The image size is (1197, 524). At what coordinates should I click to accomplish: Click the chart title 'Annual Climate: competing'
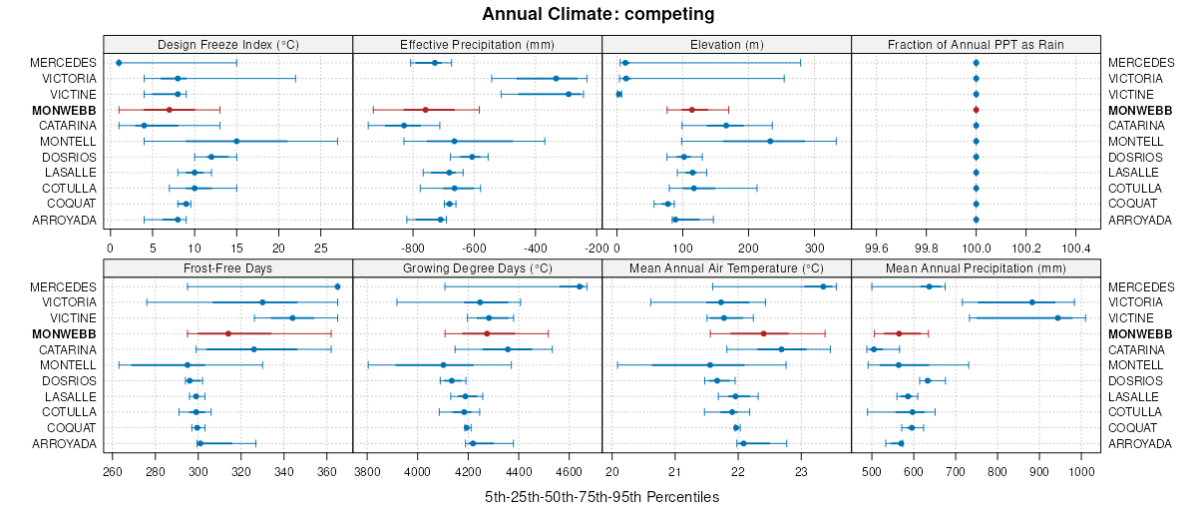(x=598, y=14)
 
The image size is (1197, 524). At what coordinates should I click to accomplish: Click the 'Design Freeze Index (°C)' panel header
(x=228, y=44)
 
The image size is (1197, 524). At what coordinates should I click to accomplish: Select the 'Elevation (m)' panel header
(x=727, y=44)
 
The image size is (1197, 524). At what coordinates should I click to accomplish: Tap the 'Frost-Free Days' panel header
(x=228, y=267)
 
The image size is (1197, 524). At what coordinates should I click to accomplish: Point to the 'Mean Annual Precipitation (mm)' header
(x=976, y=267)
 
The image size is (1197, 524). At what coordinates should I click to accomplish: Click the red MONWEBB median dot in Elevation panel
(x=691, y=110)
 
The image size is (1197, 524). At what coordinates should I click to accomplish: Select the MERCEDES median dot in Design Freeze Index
(x=119, y=63)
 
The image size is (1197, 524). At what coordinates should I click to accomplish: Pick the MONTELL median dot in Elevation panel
(x=770, y=141)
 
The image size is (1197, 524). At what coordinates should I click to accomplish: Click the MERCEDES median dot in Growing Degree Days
(x=580, y=286)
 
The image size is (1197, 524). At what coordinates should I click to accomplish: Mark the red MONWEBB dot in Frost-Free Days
(x=228, y=333)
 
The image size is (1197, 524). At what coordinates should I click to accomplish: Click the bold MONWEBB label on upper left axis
(x=64, y=110)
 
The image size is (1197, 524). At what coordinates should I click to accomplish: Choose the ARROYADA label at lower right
(x=1139, y=443)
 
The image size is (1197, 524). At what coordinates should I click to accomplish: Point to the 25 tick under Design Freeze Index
(x=321, y=247)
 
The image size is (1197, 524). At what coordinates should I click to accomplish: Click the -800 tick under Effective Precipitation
(x=412, y=247)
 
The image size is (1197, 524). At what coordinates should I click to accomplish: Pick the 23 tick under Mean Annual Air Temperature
(x=801, y=471)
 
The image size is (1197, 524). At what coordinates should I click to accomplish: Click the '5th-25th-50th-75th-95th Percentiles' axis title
(x=601, y=496)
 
